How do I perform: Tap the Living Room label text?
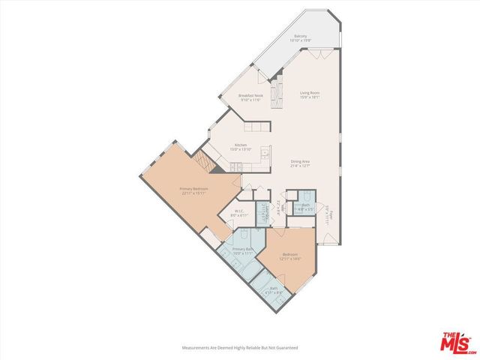click(310, 94)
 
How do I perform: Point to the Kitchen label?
click(241, 146)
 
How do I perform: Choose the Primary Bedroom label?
click(192, 190)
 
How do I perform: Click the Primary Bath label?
click(241, 250)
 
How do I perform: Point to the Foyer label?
click(328, 214)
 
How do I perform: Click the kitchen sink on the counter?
click(264, 154)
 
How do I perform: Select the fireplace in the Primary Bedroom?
click(201, 162)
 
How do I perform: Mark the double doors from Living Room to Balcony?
click(321, 55)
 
